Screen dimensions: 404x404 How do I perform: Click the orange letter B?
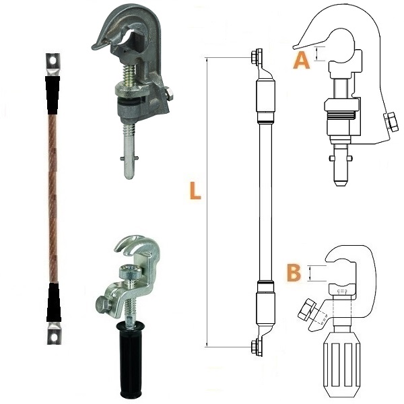point(294,273)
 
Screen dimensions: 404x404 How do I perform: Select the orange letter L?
point(195,191)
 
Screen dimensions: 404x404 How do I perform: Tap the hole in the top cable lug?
point(53,61)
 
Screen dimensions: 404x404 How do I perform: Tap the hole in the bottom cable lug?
point(54,337)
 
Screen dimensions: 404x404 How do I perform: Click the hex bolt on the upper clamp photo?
point(168,94)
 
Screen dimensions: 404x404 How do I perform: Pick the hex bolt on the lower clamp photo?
point(104,304)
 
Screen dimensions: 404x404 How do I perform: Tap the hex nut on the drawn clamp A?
point(391,122)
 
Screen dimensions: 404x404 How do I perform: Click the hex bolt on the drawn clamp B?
point(307,310)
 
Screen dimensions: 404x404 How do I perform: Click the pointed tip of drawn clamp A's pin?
point(342,184)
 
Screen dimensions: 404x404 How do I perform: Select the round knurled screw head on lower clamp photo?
point(130,272)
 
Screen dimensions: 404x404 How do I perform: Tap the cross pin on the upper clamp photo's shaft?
point(129,158)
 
